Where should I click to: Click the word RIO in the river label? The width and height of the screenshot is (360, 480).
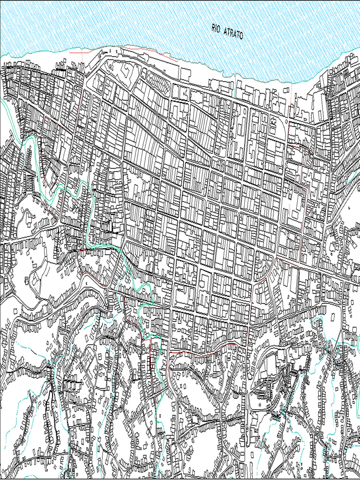[216, 29]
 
